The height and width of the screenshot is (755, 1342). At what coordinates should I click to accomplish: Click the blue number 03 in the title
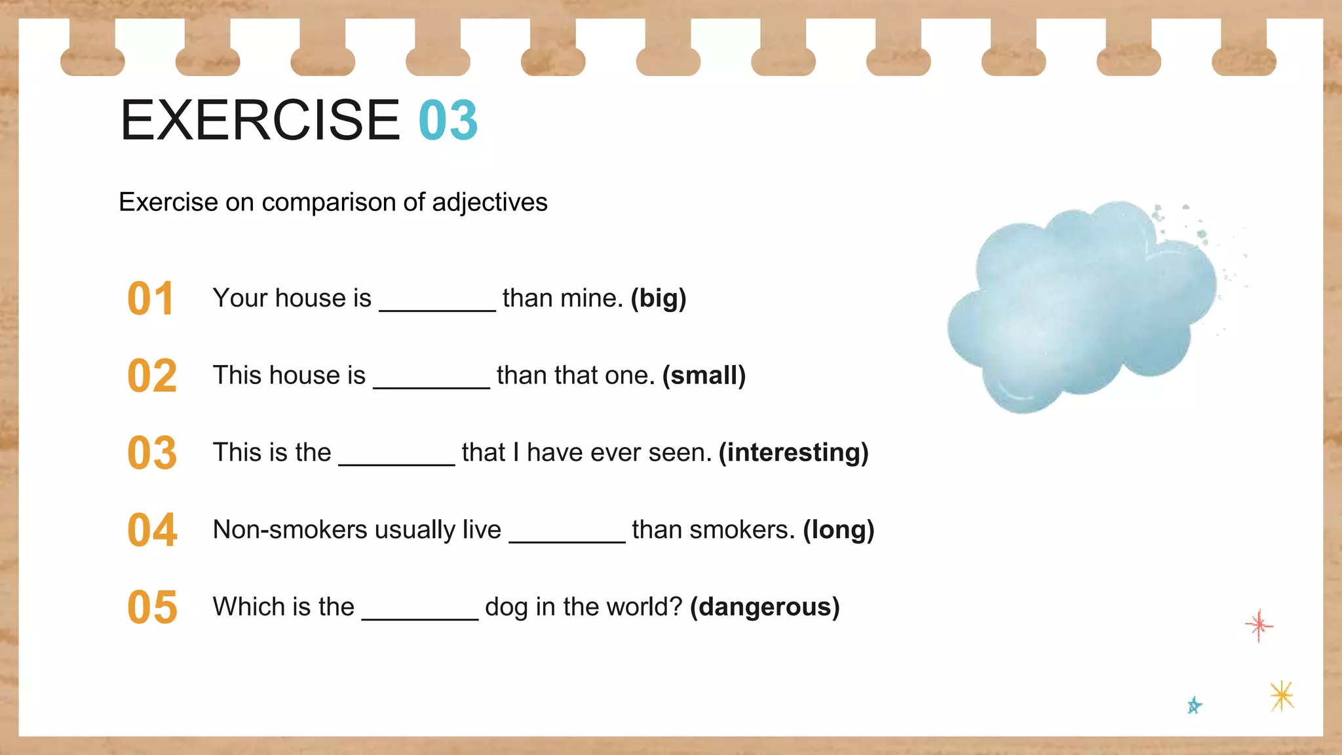(x=448, y=121)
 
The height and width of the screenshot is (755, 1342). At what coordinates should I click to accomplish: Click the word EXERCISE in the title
(x=260, y=121)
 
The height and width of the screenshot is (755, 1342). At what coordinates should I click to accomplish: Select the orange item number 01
(x=151, y=299)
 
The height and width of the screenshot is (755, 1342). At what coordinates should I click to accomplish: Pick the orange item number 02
(x=152, y=376)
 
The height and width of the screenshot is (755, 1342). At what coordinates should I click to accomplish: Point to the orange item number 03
(x=152, y=453)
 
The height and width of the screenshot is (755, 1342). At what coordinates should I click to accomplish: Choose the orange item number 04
(x=152, y=530)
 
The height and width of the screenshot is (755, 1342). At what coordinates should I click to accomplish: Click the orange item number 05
(x=152, y=608)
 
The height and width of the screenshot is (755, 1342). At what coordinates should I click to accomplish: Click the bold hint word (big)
(x=659, y=298)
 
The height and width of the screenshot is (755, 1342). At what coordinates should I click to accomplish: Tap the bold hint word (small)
(x=704, y=376)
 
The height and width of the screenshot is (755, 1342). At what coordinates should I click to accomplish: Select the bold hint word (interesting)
(x=794, y=453)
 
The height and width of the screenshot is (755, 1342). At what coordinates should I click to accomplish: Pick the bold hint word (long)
(x=839, y=530)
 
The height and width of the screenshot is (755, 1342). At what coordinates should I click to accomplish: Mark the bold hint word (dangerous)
(x=765, y=607)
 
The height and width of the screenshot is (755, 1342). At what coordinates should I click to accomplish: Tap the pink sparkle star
(x=1259, y=625)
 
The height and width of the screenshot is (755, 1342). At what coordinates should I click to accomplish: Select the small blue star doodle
(x=1194, y=705)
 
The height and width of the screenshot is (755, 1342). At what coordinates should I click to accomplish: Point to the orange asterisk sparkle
(x=1282, y=695)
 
